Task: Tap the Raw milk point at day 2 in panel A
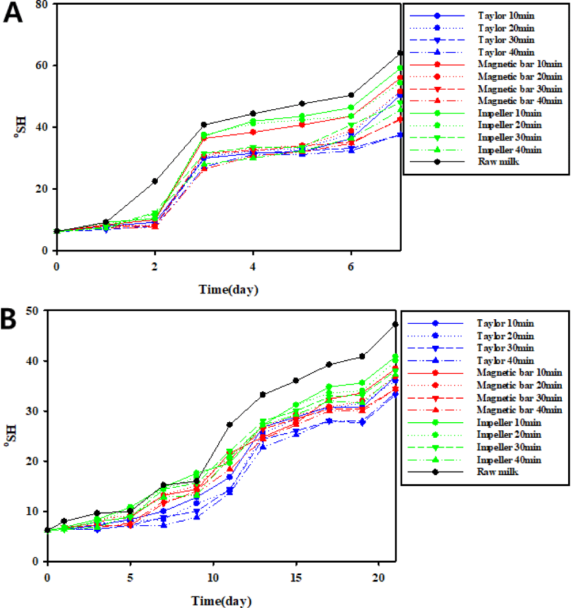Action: (155, 181)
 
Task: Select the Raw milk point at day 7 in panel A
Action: (399, 53)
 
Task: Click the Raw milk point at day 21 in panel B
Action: (395, 324)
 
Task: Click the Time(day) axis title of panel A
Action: (229, 289)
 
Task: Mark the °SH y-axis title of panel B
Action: (12, 436)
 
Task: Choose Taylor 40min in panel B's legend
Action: (506, 360)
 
